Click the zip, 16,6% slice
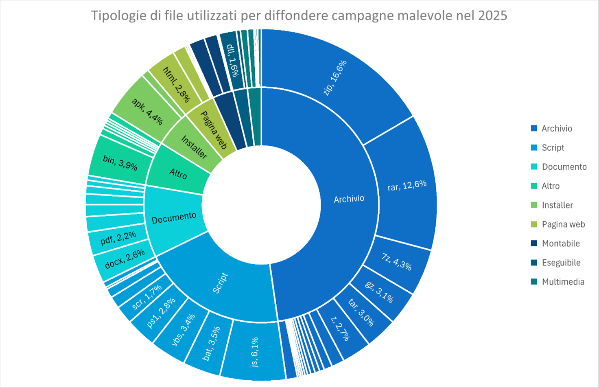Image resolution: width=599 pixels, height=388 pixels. [334, 77]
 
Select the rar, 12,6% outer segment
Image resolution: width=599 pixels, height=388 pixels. [407, 186]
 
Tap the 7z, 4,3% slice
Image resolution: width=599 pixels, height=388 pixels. [396, 261]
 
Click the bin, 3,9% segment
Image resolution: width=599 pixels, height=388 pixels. [120, 162]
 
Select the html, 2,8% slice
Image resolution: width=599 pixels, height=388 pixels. [176, 84]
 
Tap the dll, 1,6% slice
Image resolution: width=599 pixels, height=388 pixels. [232, 60]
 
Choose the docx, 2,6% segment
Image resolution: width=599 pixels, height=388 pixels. [125, 259]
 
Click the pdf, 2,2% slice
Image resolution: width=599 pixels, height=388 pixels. [118, 238]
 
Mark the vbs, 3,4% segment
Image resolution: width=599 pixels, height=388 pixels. [183, 329]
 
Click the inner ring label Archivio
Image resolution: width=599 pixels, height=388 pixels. [349, 199]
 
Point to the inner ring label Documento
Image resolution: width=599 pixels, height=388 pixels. [174, 218]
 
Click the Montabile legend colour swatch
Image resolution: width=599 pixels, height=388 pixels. [534, 243]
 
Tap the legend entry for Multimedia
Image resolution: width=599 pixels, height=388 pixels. [563, 282]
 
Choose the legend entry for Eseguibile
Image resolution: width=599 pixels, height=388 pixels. [561, 263]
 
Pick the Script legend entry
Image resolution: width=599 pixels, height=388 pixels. [553, 147]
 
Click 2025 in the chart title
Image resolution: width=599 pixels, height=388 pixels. [492, 15]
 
